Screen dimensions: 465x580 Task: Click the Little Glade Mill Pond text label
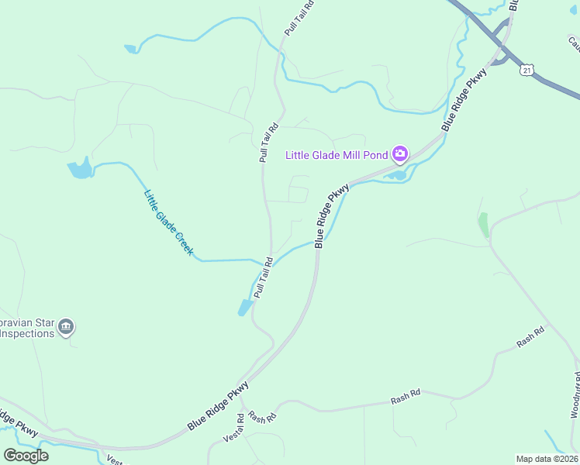[x=337, y=155]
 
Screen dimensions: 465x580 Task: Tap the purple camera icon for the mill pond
[x=400, y=154]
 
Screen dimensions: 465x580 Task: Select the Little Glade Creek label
[x=168, y=223]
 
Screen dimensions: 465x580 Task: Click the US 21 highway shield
[x=527, y=71]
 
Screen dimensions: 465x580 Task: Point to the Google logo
[x=26, y=455]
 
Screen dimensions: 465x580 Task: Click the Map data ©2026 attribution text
[x=546, y=459]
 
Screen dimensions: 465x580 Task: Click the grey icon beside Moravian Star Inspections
[x=66, y=327]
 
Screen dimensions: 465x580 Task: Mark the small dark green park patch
[x=484, y=226]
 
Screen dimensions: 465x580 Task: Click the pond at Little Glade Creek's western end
[x=80, y=168]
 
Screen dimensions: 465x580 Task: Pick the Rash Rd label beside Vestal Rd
[x=264, y=417]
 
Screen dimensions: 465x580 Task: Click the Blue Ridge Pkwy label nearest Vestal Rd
[x=218, y=406]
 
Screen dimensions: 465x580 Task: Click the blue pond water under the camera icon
[x=397, y=175]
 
